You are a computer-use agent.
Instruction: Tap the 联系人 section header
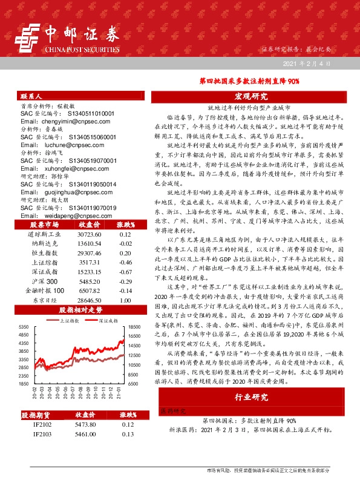[x=31, y=96]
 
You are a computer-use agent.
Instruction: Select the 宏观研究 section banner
[x=251, y=96]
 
